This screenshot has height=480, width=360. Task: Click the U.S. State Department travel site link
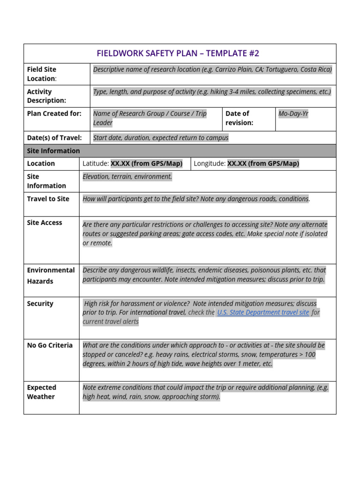tap(263, 312)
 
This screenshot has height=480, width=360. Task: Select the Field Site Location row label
tap(42, 74)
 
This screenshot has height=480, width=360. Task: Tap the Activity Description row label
tap(46, 96)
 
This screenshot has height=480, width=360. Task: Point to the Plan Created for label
tap(54, 113)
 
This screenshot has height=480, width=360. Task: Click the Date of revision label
tap(239, 118)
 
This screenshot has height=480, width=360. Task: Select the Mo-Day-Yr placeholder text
tap(293, 113)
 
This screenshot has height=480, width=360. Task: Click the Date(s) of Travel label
tap(54, 138)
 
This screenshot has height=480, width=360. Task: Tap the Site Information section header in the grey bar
tap(53, 151)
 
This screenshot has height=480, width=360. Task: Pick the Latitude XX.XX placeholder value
tap(146, 164)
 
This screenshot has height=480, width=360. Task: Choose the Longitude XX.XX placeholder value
tap(263, 164)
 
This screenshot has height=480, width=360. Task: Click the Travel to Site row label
tap(48, 199)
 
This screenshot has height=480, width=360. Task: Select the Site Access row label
tap(45, 223)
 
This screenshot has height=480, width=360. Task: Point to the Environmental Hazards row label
tap(51, 276)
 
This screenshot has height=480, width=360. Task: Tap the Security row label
tap(40, 304)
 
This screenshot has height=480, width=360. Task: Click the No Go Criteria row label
tap(50, 345)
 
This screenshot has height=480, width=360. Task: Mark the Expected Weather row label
tap(41, 392)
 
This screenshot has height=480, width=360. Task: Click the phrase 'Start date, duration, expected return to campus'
tap(161, 138)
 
